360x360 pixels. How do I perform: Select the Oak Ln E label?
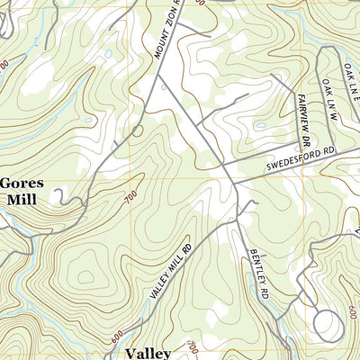click(350, 76)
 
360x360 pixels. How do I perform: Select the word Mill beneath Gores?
click(22, 200)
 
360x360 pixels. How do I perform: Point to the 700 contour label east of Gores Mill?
click(132, 198)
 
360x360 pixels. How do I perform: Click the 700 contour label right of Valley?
click(190, 346)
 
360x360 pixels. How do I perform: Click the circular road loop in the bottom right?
click(329, 325)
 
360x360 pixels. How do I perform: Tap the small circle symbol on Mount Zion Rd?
click(138, 130)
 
